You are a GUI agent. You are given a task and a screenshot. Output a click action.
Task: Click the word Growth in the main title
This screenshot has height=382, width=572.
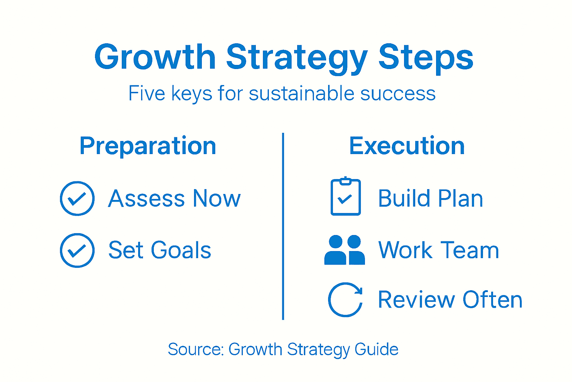tap(155, 57)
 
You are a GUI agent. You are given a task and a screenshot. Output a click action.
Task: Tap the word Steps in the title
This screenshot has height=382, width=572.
tap(426, 57)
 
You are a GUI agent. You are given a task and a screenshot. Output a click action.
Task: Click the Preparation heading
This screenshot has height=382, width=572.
tap(148, 146)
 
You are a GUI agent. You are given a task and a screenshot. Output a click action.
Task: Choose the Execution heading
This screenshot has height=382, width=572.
tap(407, 146)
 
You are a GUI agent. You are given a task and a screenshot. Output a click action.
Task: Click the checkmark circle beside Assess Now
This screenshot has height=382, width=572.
tap(77, 198)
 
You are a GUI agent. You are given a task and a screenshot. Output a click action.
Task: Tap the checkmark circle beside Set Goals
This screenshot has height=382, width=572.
tap(77, 250)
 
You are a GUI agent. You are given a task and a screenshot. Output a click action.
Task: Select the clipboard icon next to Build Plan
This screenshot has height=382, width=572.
tap(346, 197)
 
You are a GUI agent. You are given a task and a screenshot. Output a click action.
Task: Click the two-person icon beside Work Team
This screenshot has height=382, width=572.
tap(344, 250)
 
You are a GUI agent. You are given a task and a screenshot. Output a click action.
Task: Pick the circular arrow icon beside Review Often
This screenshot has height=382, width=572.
tap(345, 300)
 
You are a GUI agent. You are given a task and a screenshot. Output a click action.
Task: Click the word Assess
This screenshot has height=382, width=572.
tap(147, 198)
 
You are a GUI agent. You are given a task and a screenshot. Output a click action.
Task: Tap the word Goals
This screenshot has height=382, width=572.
tap(181, 250)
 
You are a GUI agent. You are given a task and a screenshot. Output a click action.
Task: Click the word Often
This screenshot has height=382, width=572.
tap(492, 300)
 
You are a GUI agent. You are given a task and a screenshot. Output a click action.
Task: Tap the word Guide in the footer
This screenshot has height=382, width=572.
tap(376, 350)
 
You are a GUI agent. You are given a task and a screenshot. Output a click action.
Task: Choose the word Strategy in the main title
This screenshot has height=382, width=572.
tap(297, 57)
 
